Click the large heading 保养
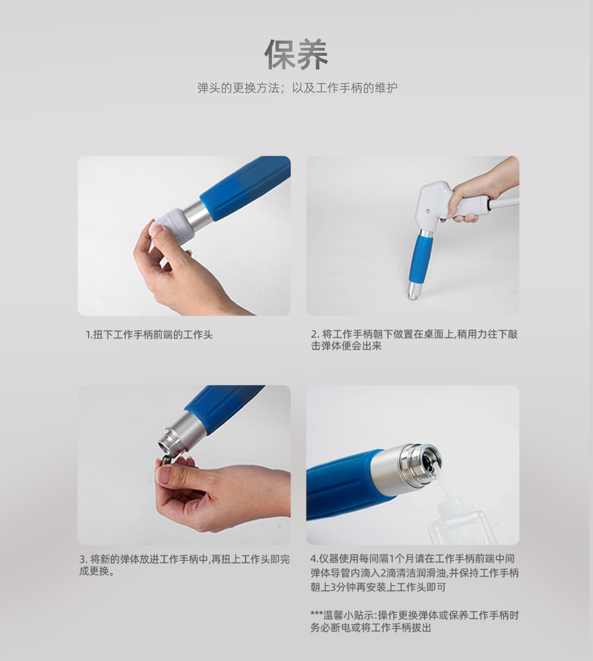(x=296, y=54)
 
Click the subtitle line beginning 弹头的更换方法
(x=297, y=88)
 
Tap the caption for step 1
(x=149, y=335)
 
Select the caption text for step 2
(x=414, y=340)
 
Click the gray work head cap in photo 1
(x=173, y=225)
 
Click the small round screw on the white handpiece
(x=428, y=211)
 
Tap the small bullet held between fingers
(x=167, y=460)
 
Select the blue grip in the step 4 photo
(x=343, y=483)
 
